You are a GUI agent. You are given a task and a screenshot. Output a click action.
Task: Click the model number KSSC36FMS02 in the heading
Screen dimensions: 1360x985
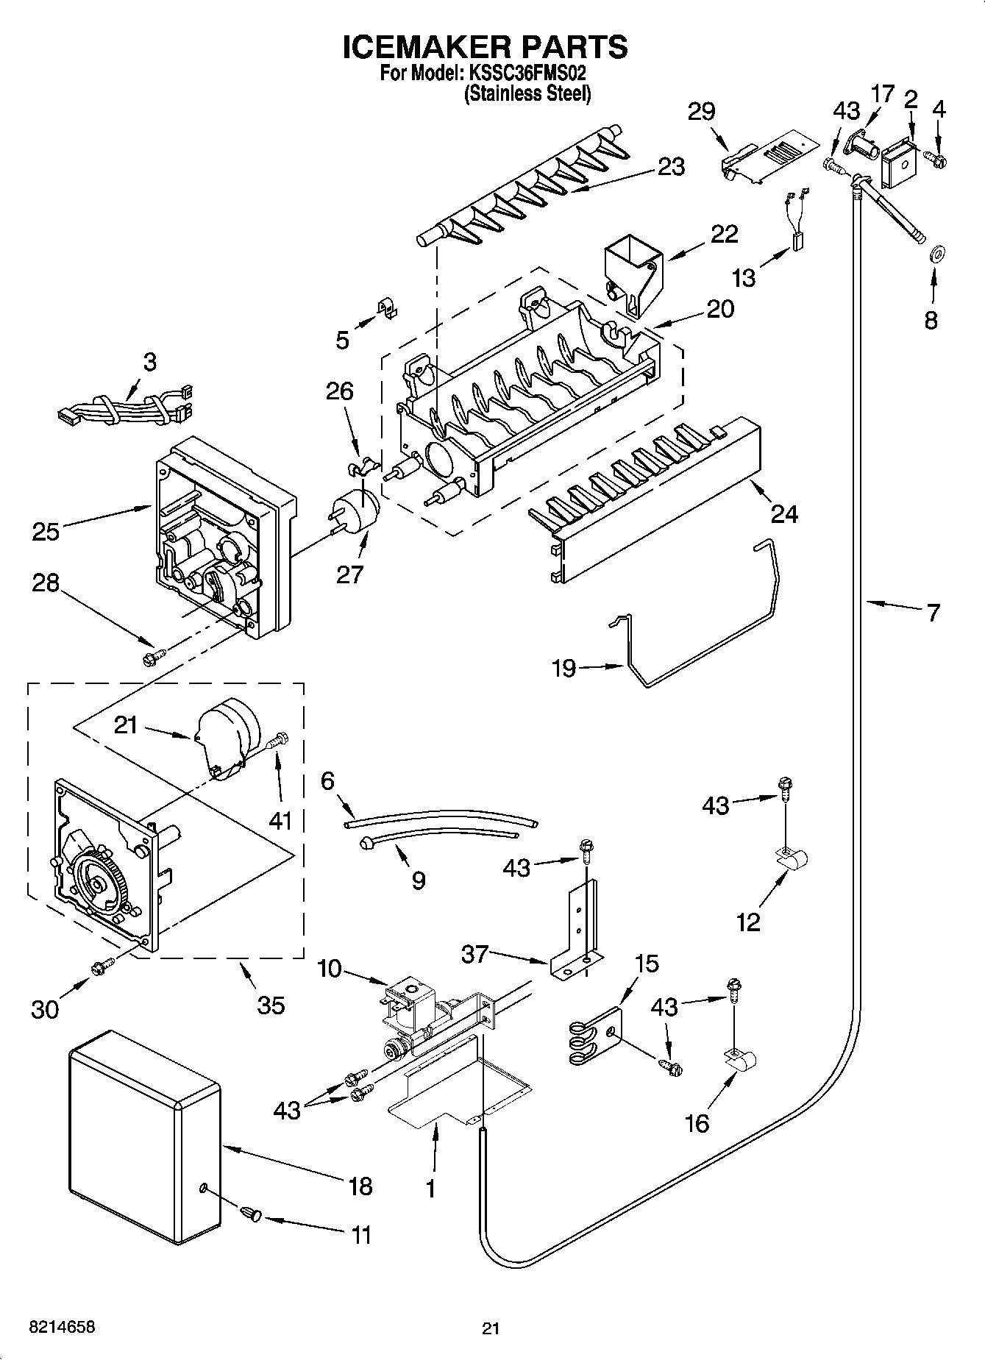[527, 74]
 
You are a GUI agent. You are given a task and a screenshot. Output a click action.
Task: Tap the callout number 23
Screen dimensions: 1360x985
[670, 167]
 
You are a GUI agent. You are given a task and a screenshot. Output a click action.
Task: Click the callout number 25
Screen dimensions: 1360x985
[46, 530]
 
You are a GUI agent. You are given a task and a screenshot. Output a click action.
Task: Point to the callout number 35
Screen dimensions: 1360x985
[271, 1005]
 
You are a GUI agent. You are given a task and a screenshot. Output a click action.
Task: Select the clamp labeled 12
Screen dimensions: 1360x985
[792, 859]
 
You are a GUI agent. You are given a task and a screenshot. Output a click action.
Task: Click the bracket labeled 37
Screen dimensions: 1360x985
[577, 934]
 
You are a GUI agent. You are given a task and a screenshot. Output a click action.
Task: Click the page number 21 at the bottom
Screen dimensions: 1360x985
[491, 1328]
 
